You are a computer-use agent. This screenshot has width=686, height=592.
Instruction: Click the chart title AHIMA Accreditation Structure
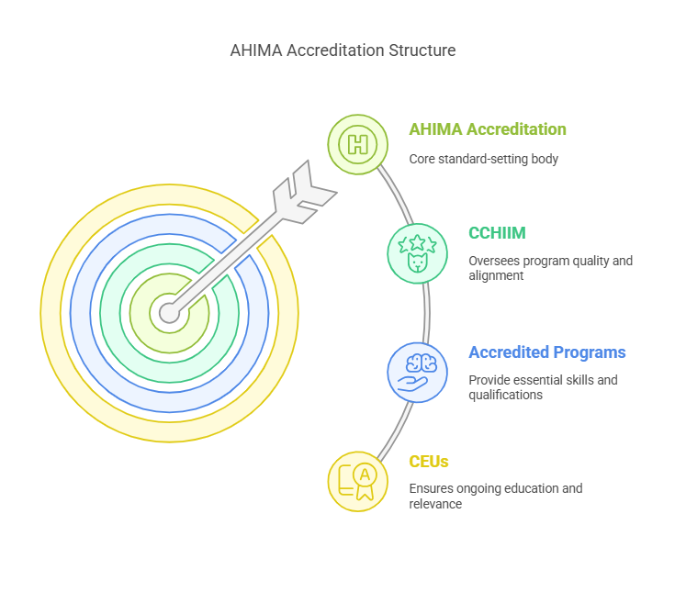(x=343, y=50)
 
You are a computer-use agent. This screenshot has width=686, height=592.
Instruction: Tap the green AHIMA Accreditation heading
(x=488, y=129)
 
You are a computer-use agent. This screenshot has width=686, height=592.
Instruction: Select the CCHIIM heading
(x=499, y=233)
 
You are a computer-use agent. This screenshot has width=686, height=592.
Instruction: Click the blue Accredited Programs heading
(x=547, y=352)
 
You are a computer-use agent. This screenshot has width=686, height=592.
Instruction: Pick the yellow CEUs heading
(x=429, y=462)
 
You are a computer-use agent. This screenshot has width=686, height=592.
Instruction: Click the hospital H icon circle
(x=358, y=144)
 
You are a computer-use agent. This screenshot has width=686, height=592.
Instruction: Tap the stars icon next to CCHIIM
(x=417, y=251)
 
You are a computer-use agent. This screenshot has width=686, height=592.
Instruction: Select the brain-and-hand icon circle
(x=418, y=372)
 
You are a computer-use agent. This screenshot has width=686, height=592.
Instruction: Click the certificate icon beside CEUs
(x=358, y=481)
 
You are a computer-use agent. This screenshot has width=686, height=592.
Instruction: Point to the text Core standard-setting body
(x=483, y=159)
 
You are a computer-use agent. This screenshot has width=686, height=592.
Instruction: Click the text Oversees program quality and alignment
(x=550, y=268)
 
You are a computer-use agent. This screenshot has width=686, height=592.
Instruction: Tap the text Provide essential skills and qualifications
(x=543, y=387)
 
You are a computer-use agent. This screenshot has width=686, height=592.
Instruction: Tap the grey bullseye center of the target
(x=168, y=313)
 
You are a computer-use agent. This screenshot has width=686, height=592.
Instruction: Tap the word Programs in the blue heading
(x=591, y=352)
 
